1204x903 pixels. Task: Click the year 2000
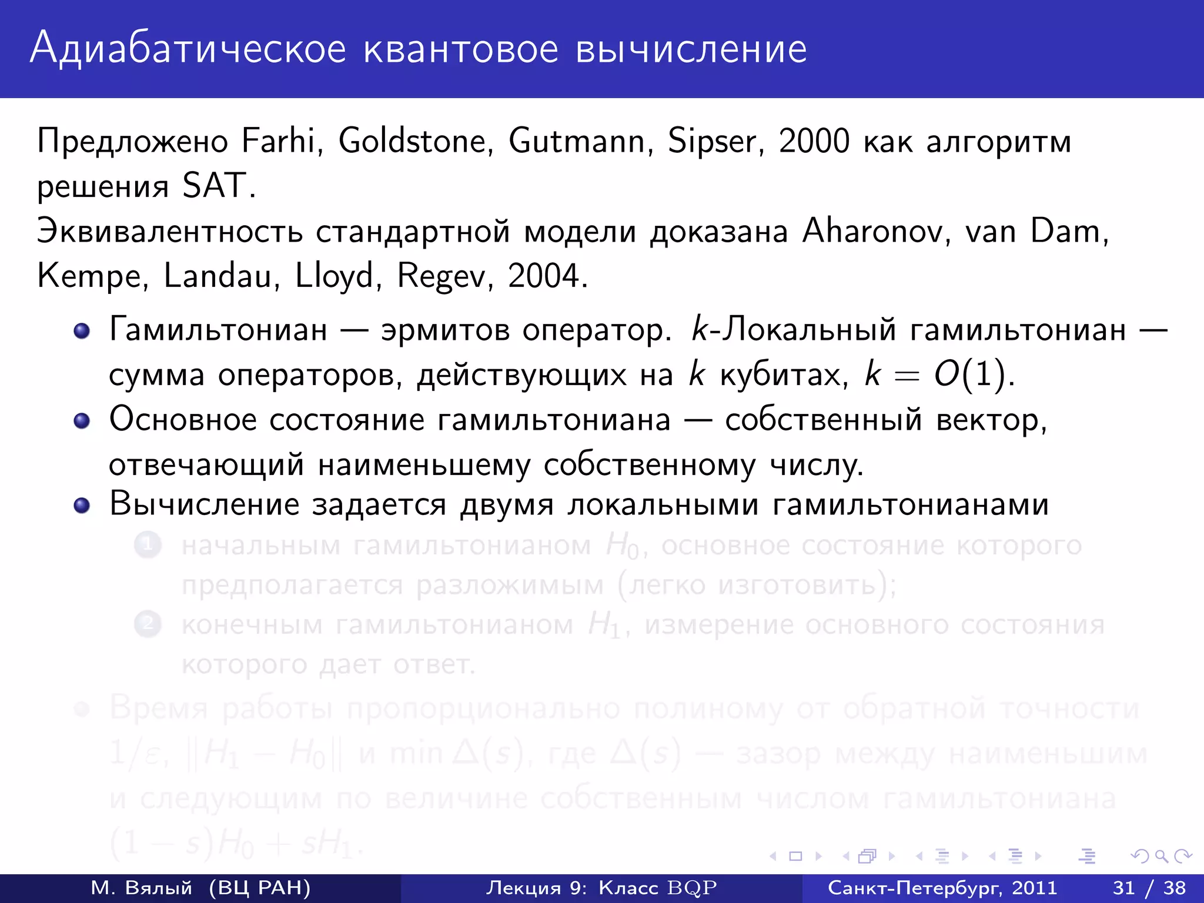[x=814, y=141]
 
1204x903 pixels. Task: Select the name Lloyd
[x=334, y=276]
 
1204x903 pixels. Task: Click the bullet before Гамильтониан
[x=82, y=330]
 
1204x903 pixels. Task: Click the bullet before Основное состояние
[x=82, y=421]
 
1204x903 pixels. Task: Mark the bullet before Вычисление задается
[x=82, y=506]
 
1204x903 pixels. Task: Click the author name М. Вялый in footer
[x=142, y=888]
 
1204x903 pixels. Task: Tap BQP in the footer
[x=692, y=888]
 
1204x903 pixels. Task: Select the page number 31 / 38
[x=1149, y=888]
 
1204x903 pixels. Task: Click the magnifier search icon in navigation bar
[x=1161, y=857]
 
